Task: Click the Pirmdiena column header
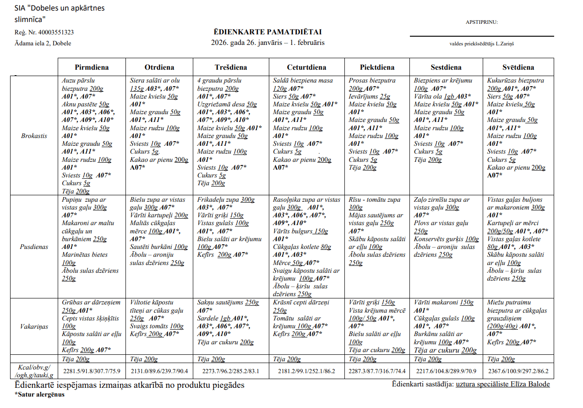point(92,67)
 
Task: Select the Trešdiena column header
point(230,67)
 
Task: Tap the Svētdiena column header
point(518,67)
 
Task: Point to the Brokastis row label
point(34,136)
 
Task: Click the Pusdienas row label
point(34,247)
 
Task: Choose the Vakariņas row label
point(34,326)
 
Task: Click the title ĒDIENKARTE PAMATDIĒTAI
point(267,32)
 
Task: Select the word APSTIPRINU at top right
point(481,22)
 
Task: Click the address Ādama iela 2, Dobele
point(43,44)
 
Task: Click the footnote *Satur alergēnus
point(39,394)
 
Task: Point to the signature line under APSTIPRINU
point(481,36)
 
